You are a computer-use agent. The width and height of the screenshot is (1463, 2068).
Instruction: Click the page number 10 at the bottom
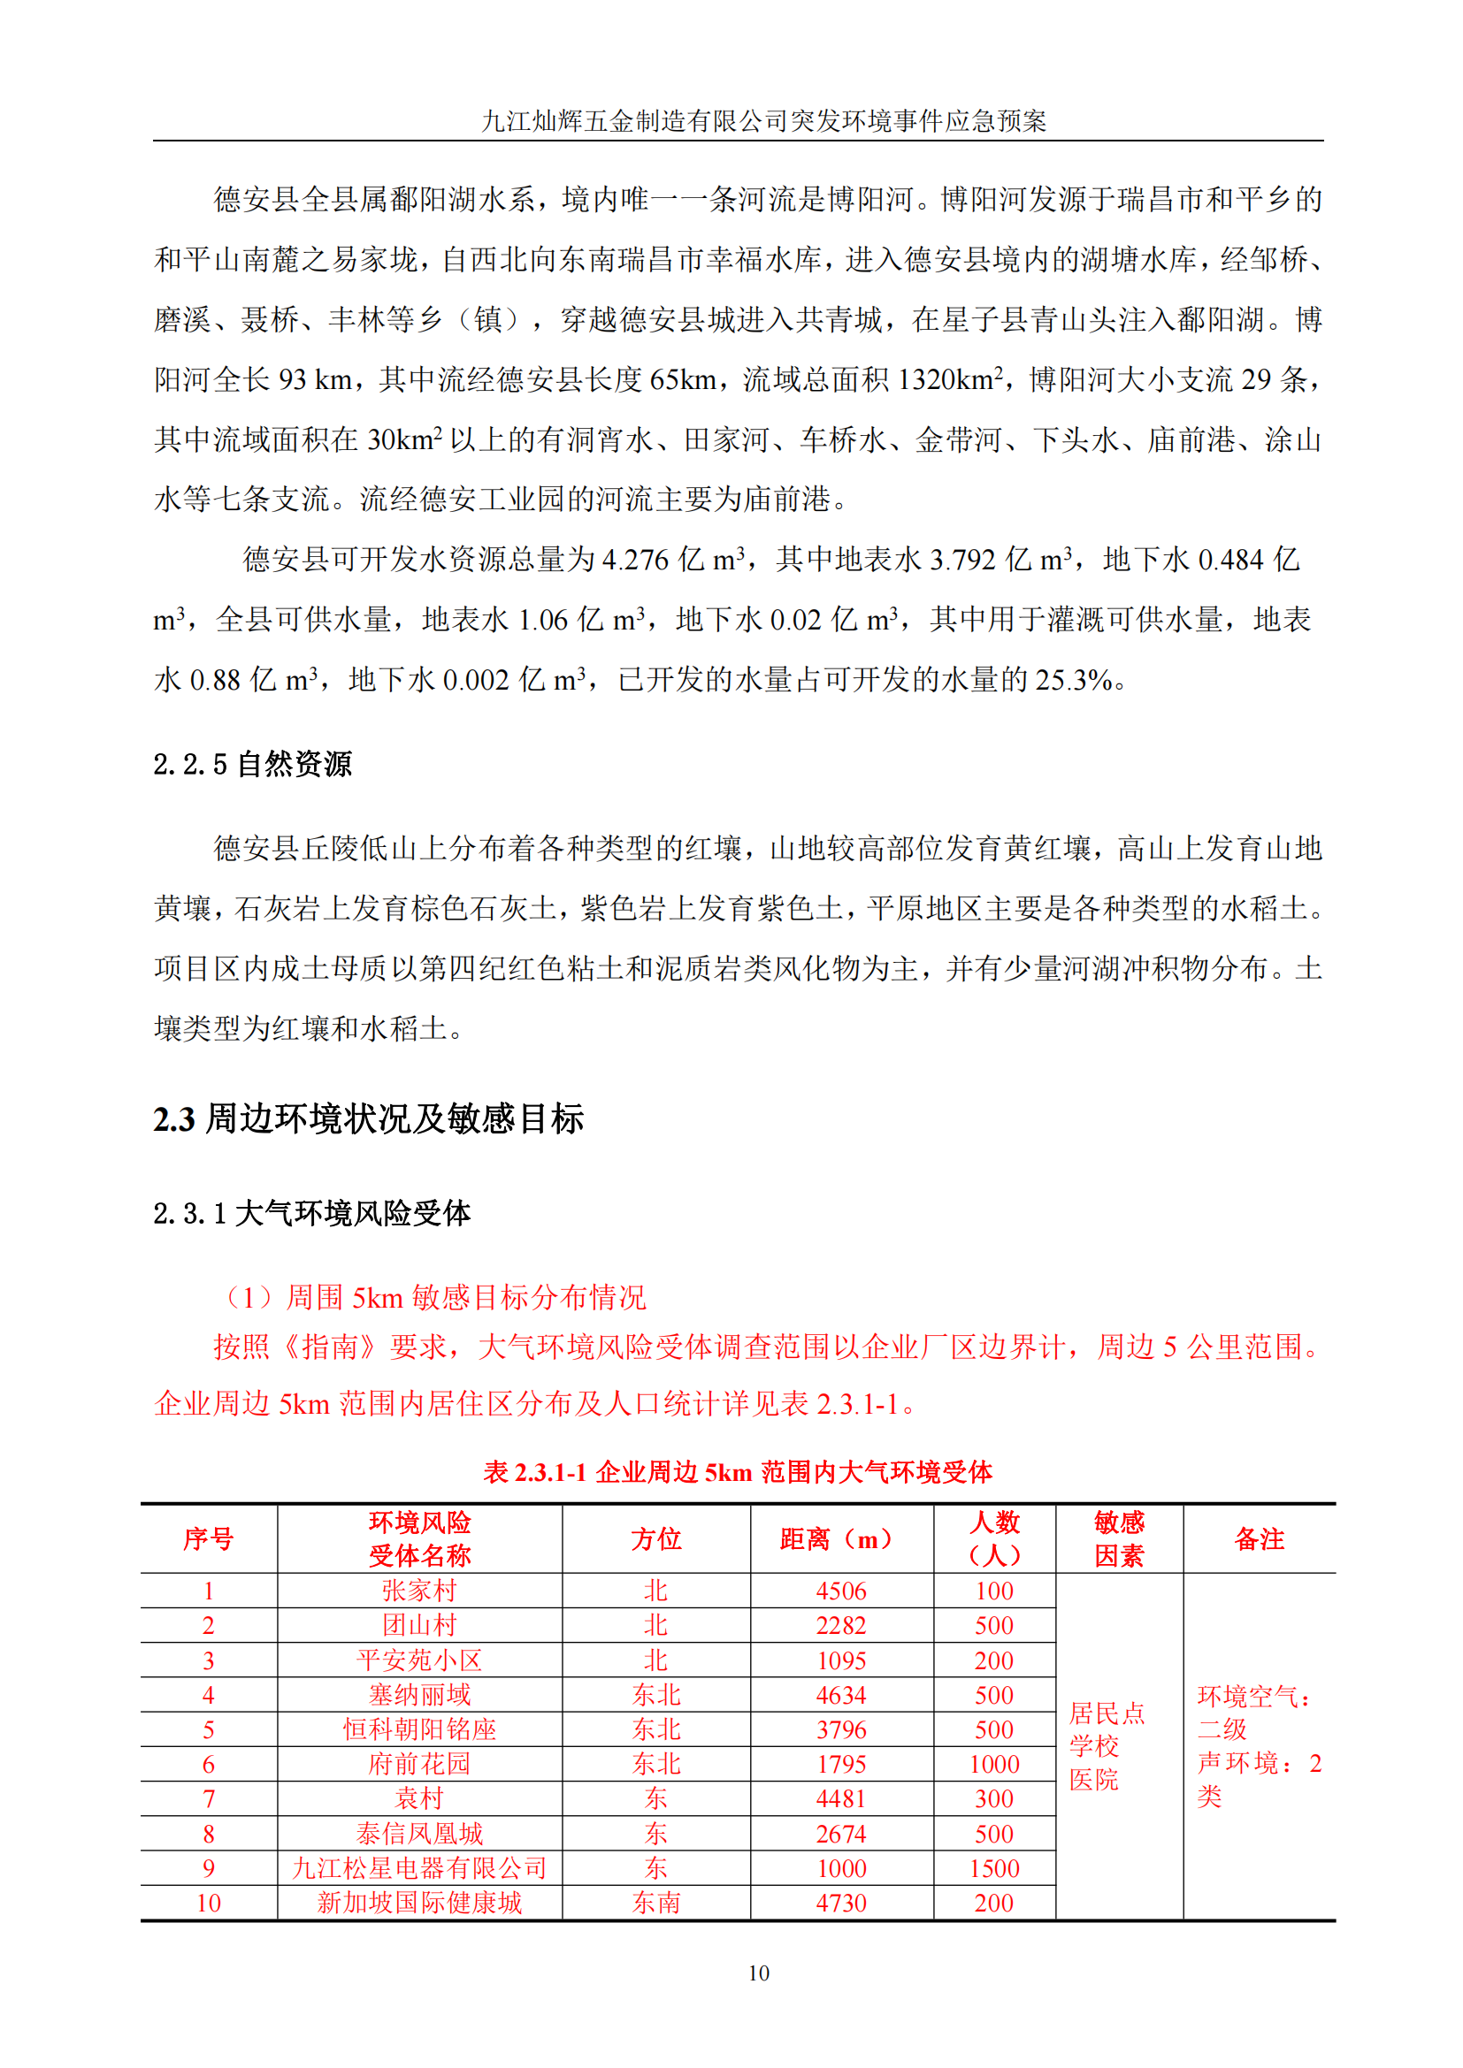click(x=759, y=1973)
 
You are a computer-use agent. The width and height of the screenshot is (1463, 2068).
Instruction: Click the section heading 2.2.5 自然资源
click(x=252, y=764)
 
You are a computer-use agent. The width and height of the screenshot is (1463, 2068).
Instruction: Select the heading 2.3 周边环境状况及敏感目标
click(x=369, y=1118)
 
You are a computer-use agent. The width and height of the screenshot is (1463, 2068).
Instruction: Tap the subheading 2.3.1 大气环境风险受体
click(x=311, y=1213)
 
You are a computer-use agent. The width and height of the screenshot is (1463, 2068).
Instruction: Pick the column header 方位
click(x=655, y=1538)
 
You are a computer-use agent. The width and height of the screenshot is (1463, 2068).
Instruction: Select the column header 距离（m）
click(x=840, y=1538)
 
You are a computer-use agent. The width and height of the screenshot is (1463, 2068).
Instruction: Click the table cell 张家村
click(x=419, y=1591)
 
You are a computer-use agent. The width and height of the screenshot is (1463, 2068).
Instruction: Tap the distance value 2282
click(x=840, y=1625)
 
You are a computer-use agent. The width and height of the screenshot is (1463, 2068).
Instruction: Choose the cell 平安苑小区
click(x=419, y=1660)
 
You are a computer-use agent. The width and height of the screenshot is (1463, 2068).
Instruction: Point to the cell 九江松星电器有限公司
click(x=419, y=1868)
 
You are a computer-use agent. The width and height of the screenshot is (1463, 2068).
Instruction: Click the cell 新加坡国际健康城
click(x=419, y=1903)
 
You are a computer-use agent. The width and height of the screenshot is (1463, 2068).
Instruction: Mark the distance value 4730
click(x=840, y=1903)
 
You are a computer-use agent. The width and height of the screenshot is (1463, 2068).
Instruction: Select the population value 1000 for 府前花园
click(x=993, y=1764)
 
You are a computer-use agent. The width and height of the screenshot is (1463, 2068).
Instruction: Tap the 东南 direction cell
click(x=655, y=1903)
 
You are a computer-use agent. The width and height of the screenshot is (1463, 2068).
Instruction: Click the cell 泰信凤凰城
click(x=419, y=1833)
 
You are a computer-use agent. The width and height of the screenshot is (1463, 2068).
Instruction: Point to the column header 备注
click(x=1259, y=1538)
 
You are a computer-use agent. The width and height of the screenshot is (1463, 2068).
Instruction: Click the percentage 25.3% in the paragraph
click(x=1073, y=680)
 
